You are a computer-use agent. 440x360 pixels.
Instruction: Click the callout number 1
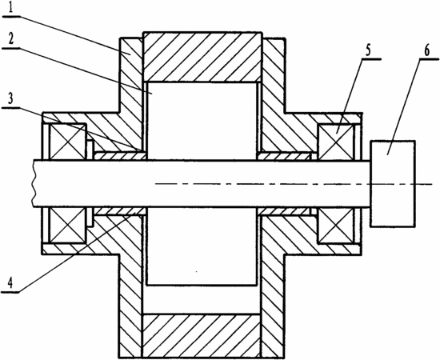click(x=10, y=8)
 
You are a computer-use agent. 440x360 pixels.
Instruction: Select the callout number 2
click(x=10, y=39)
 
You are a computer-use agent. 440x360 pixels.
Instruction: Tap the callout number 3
click(x=10, y=98)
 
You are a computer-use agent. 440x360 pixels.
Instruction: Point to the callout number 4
click(x=10, y=283)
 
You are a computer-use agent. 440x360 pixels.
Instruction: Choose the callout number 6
click(x=426, y=50)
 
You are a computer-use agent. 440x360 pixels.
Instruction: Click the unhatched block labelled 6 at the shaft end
click(x=393, y=183)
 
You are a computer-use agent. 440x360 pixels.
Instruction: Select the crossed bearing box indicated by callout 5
click(x=336, y=142)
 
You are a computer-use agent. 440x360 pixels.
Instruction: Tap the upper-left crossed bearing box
click(x=67, y=142)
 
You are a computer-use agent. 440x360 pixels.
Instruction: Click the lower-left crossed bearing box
click(x=67, y=225)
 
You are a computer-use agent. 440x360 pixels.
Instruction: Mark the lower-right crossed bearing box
click(x=336, y=225)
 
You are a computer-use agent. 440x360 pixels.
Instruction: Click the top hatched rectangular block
click(x=202, y=58)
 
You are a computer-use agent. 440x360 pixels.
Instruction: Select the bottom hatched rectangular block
click(x=202, y=336)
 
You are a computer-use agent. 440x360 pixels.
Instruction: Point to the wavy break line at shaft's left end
click(x=34, y=183)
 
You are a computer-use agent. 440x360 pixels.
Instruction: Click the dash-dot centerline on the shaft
click(x=294, y=184)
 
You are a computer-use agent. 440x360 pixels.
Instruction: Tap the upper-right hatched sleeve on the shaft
click(x=285, y=156)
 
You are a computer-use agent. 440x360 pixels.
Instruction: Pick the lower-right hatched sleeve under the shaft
click(x=285, y=211)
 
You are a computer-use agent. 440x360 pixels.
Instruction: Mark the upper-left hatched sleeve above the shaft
click(x=120, y=156)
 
